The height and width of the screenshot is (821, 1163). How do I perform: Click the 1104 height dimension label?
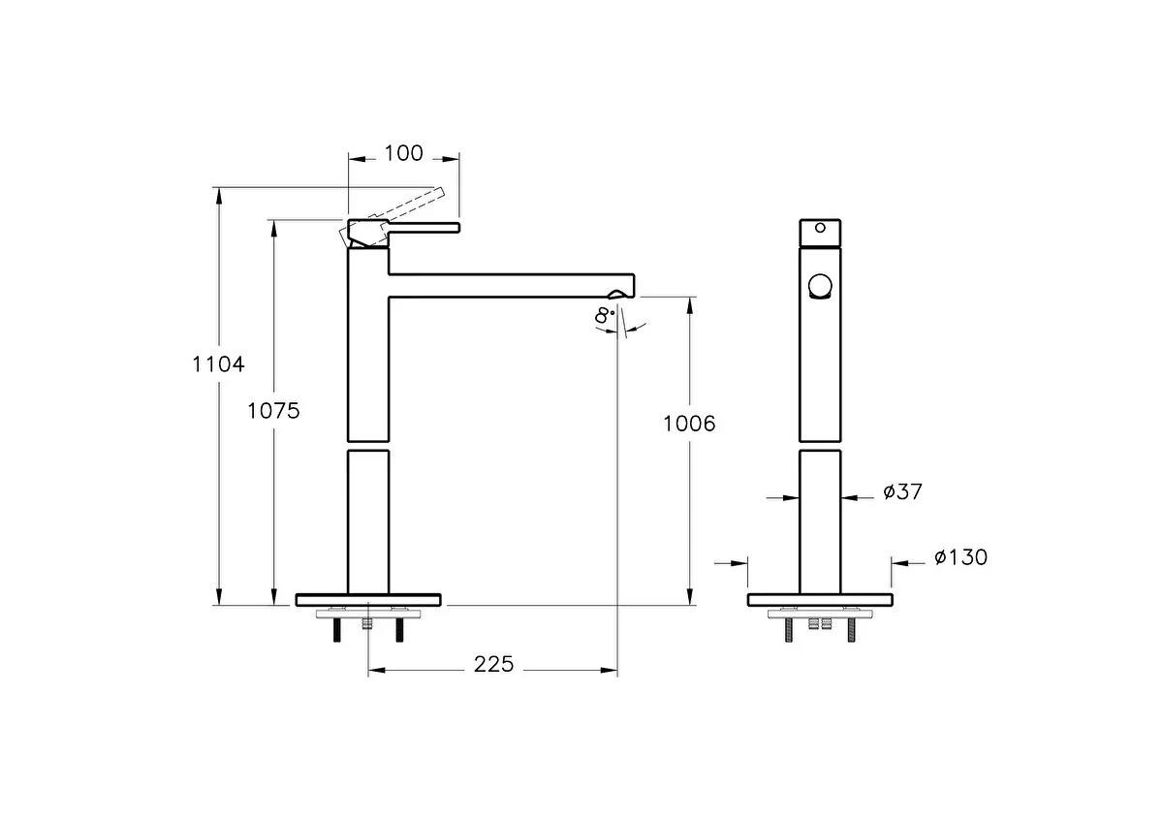tap(218, 365)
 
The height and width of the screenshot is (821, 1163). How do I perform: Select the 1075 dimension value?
tap(273, 410)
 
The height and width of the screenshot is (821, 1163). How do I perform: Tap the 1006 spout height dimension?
tap(689, 424)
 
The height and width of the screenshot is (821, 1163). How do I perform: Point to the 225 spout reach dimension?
tap(493, 665)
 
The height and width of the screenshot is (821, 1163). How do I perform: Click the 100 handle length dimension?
tap(404, 153)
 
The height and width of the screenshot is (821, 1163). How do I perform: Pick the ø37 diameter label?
tap(902, 492)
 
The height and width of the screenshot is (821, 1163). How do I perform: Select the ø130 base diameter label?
tap(960, 557)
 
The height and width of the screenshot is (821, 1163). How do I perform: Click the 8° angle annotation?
tap(605, 316)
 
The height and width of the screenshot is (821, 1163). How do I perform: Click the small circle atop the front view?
tap(820, 230)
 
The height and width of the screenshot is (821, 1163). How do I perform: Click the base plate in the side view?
tap(368, 600)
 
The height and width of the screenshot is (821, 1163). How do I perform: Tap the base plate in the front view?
tap(820, 600)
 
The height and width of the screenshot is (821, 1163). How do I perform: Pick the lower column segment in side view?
tap(368, 521)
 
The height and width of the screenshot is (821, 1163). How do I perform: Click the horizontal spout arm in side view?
tap(509, 283)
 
